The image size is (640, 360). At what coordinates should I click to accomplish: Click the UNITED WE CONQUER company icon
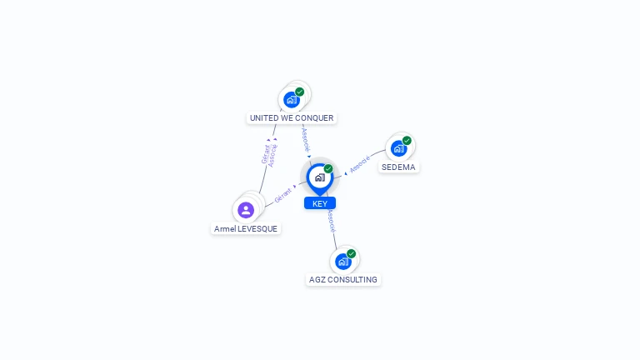[292, 99]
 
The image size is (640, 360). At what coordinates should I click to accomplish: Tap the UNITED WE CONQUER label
[292, 118]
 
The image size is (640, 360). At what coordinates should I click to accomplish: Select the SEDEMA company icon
[399, 148]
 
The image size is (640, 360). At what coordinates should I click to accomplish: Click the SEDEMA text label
[398, 167]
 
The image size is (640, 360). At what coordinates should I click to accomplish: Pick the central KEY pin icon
[319, 177]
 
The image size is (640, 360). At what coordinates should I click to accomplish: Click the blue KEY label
[320, 203]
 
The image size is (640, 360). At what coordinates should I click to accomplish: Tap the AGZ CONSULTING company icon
[342, 261]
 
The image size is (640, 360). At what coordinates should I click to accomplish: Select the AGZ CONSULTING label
[343, 280]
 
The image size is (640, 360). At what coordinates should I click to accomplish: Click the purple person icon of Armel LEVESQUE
[246, 210]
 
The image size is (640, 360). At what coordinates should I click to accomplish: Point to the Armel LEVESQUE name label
[246, 229]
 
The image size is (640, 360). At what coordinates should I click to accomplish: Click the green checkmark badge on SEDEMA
[407, 141]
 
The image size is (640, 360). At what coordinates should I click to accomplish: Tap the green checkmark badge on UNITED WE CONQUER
[300, 92]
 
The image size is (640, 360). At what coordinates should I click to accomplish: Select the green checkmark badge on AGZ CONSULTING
[351, 253]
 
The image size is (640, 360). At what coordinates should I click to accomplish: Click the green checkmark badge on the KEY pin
[328, 168]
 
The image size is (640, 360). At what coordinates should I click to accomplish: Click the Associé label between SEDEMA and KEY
[360, 164]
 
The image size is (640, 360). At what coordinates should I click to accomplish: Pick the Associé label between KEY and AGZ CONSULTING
[332, 220]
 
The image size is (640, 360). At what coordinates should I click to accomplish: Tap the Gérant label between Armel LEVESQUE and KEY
[283, 196]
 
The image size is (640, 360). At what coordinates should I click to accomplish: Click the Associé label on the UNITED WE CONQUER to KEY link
[306, 138]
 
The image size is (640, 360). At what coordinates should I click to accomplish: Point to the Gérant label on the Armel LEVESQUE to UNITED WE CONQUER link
[265, 154]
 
